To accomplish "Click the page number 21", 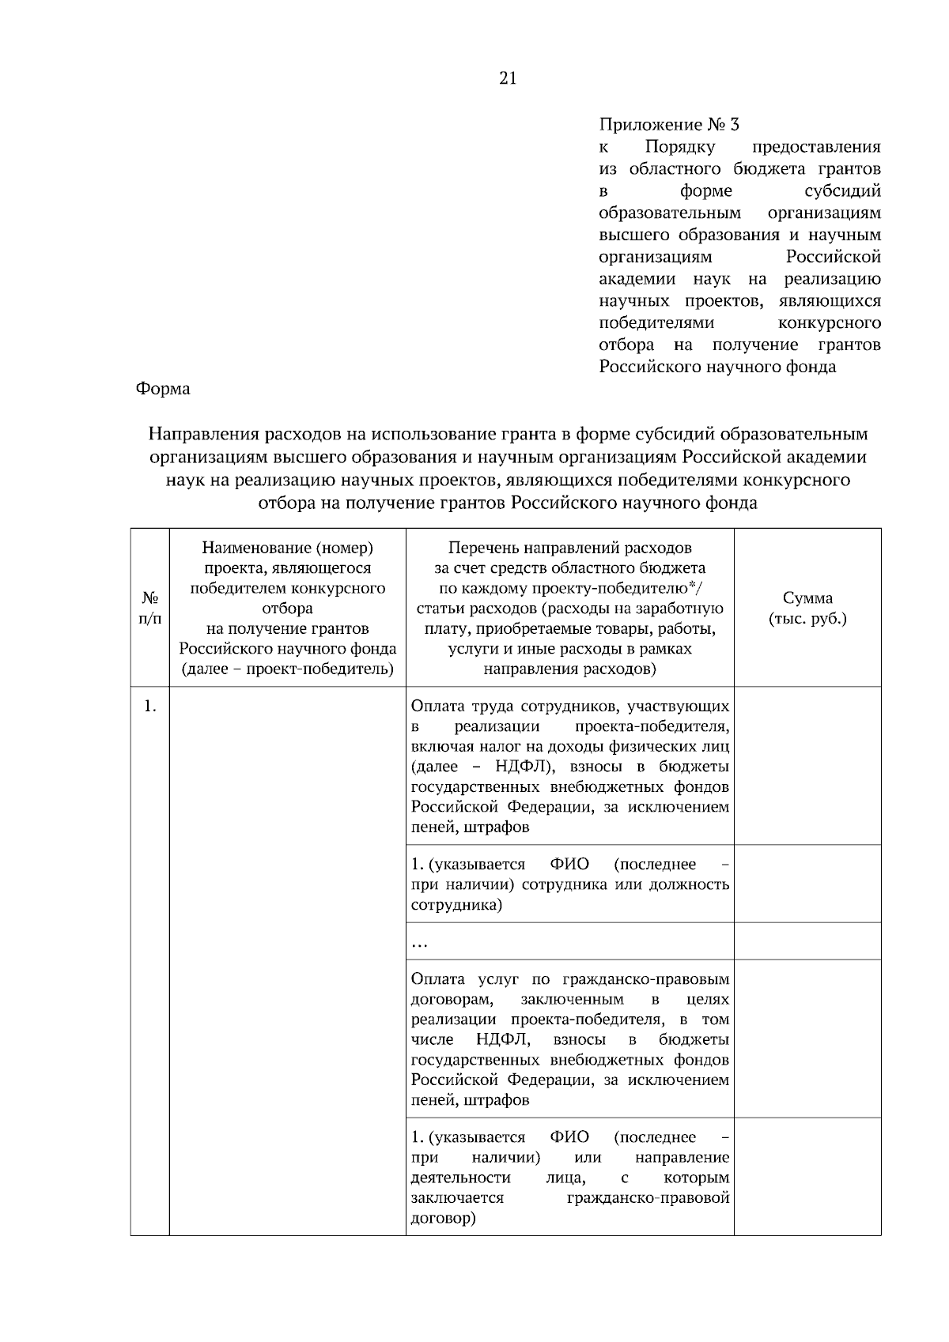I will click(508, 77).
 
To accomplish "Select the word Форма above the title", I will click(163, 389).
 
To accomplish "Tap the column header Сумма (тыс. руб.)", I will click(807, 608).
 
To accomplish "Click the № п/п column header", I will click(149, 608).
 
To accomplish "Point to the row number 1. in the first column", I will click(149, 706).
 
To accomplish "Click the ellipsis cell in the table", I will click(420, 942).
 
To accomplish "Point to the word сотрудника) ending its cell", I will click(456, 904).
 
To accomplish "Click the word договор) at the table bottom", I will click(443, 1218).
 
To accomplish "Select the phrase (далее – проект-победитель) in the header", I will click(287, 669).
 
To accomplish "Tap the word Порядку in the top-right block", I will click(680, 147).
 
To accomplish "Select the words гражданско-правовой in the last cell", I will click(648, 1198).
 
